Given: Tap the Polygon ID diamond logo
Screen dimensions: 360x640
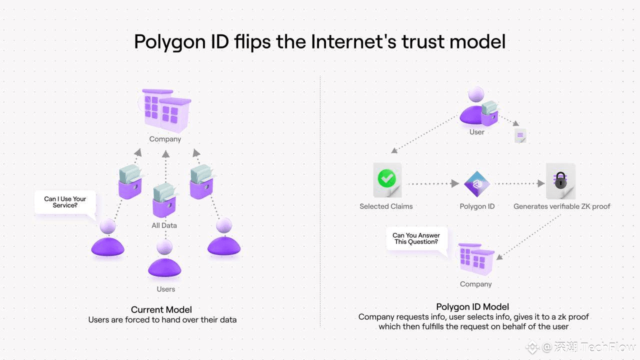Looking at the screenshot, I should (x=476, y=183).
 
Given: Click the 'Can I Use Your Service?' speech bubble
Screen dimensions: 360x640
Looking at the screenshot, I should (x=65, y=202).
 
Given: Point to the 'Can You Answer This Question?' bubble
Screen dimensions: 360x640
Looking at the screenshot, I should (x=416, y=239).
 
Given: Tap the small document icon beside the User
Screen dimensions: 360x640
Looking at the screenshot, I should (x=520, y=135).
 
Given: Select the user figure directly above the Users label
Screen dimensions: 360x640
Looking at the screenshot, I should (x=164, y=258).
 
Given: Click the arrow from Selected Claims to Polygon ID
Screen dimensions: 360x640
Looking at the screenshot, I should (x=433, y=183).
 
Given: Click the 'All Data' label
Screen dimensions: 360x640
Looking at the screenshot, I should (x=164, y=225).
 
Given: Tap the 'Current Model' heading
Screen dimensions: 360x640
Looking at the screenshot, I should (x=161, y=309).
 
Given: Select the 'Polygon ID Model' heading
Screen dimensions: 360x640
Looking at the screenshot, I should (x=472, y=307).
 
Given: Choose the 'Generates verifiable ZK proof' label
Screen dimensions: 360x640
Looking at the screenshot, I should (x=561, y=206).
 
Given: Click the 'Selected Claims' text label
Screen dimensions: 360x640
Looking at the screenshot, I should (x=386, y=206).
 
